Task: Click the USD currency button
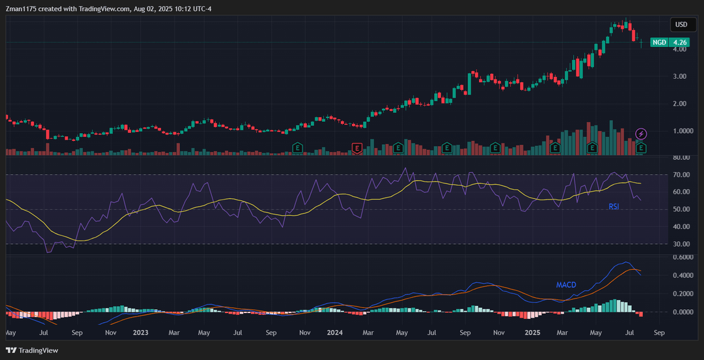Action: click(x=681, y=25)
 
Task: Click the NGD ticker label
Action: click(x=660, y=42)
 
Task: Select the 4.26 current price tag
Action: click(x=681, y=42)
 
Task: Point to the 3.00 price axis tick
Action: click(x=680, y=76)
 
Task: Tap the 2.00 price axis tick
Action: click(x=680, y=104)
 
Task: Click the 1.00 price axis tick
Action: click(x=680, y=131)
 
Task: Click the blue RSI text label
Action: click(x=614, y=206)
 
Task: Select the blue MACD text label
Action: click(x=566, y=285)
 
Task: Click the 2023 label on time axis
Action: click(x=140, y=333)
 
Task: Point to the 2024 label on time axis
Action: click(x=334, y=333)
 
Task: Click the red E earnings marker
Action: click(x=357, y=148)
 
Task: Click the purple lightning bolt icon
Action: click(x=641, y=134)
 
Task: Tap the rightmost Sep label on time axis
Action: click(x=659, y=333)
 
